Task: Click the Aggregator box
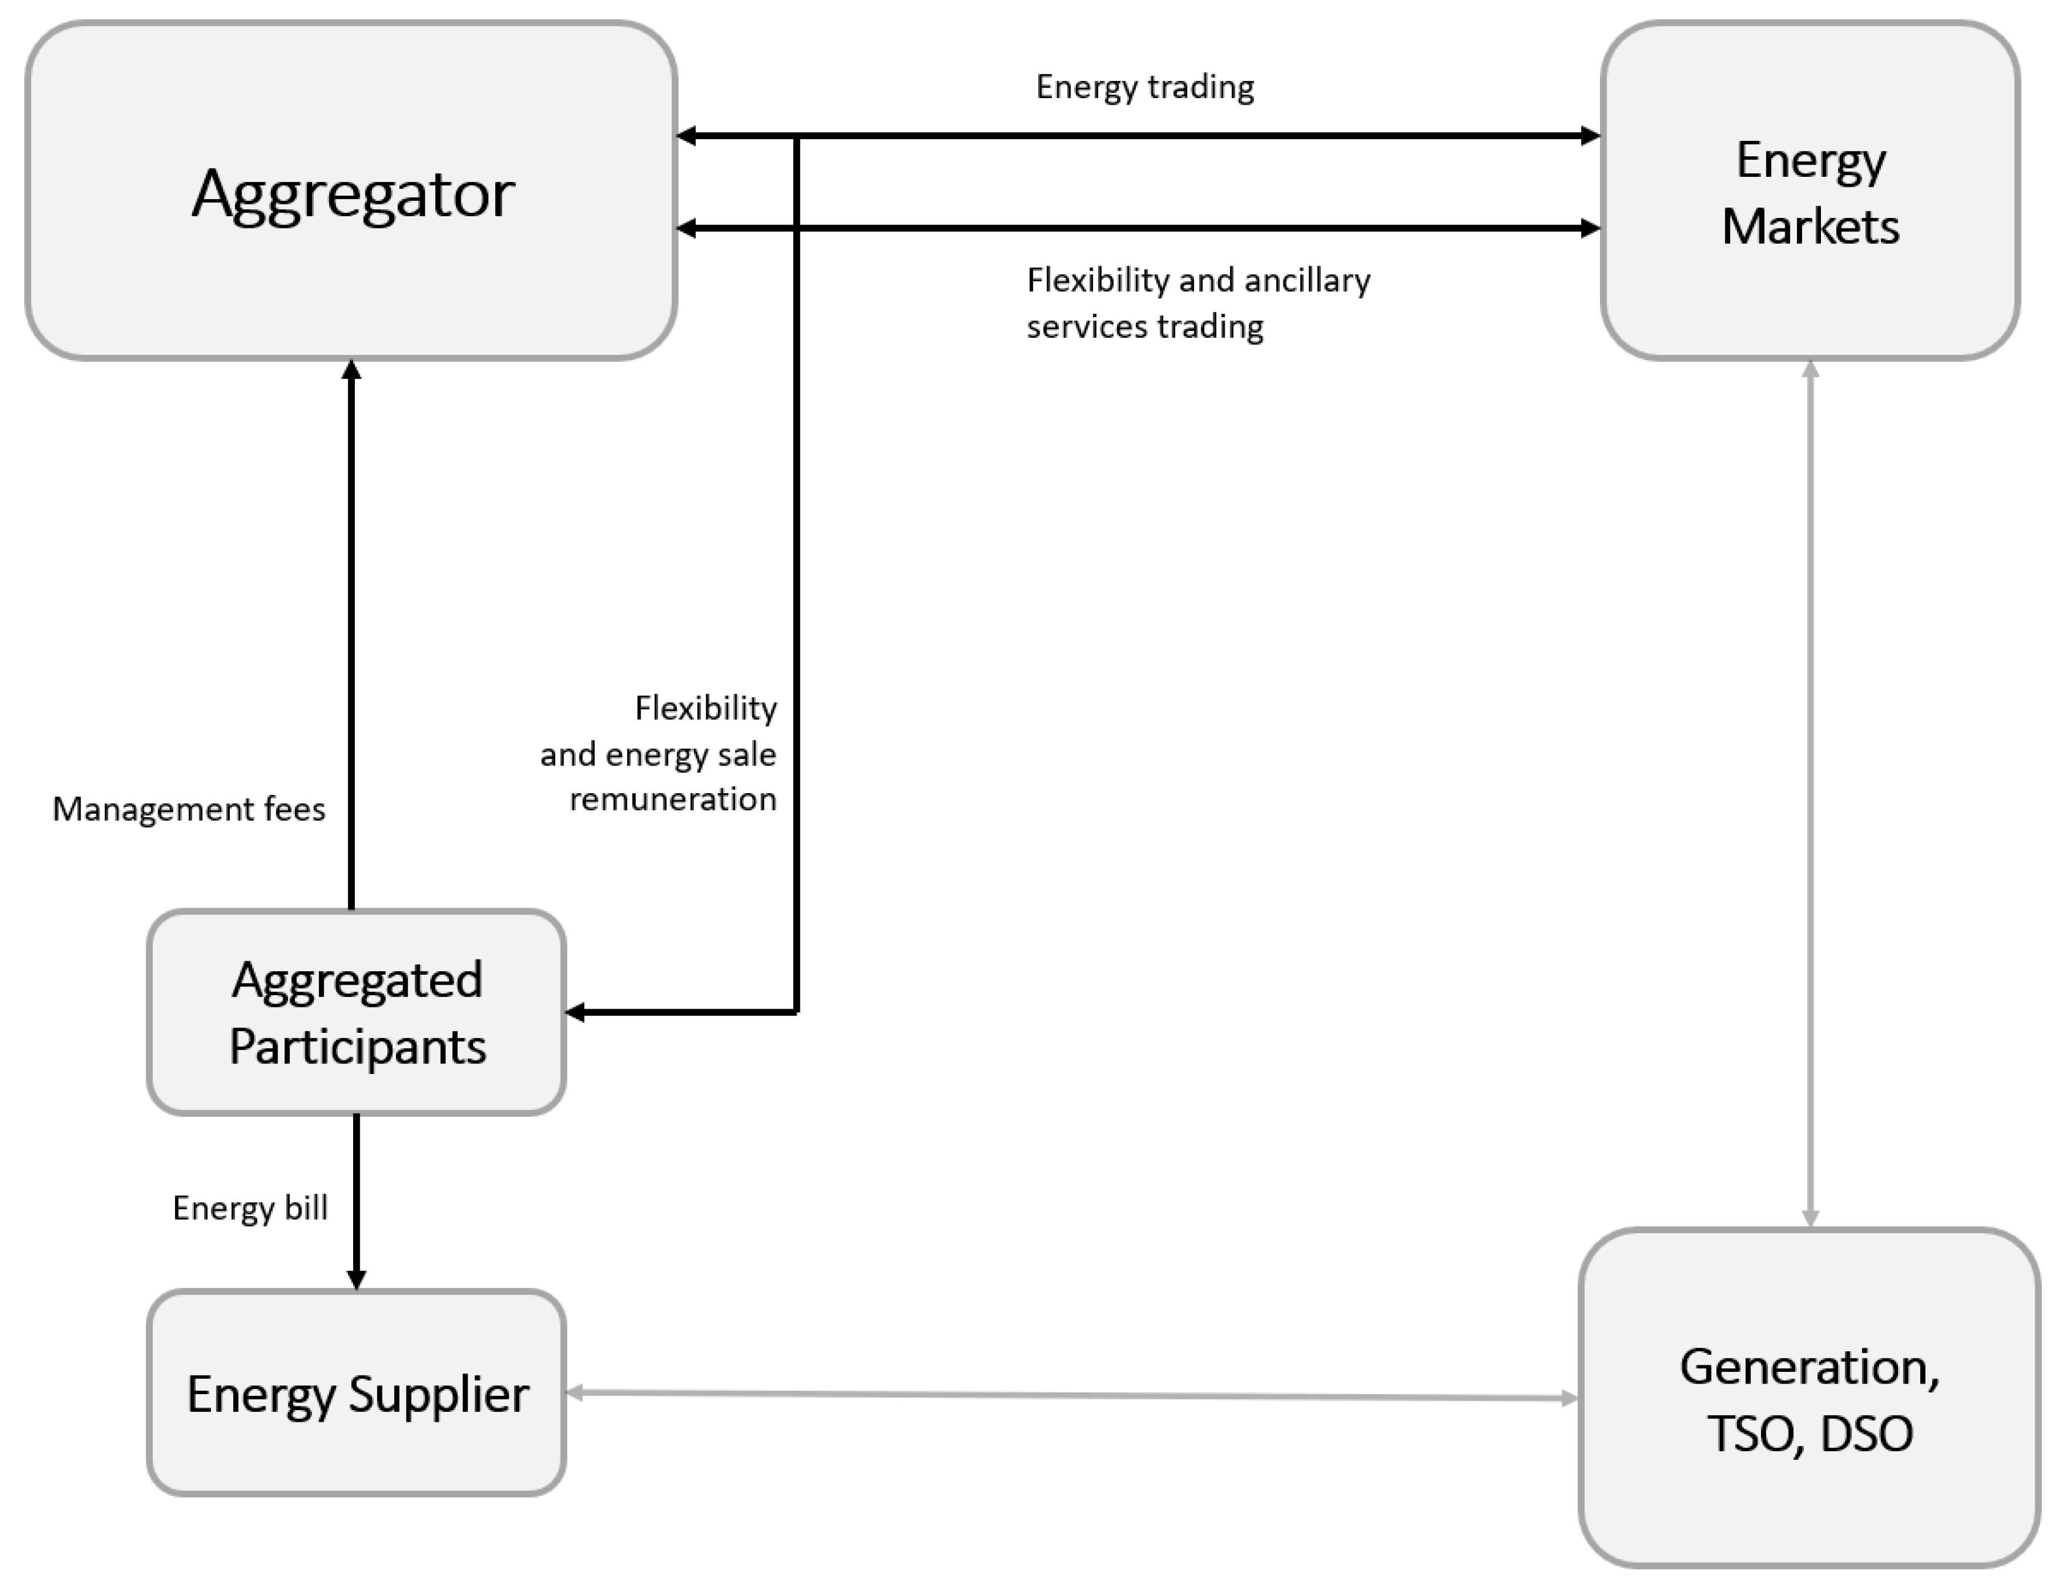pos(351,191)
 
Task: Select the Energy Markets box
pos(1809,191)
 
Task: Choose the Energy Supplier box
pos(357,1393)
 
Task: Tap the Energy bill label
pos(249,1207)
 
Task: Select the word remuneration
pos(673,799)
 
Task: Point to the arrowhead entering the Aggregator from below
pos(351,369)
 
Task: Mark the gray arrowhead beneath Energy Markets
pos(1809,369)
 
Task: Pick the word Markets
pos(1809,227)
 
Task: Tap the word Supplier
pos(438,1395)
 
